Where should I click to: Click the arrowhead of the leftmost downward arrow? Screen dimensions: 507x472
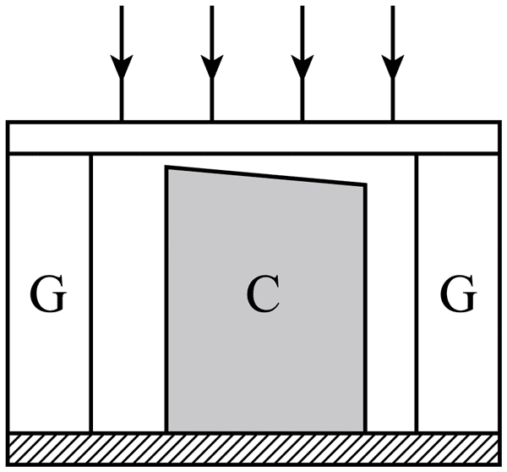point(122,66)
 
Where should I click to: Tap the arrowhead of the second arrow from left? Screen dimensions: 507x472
point(212,66)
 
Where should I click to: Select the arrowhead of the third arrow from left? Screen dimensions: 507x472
point(303,66)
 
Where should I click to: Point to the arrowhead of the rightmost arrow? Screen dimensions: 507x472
point(393,66)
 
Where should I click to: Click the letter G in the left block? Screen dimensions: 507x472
point(48,294)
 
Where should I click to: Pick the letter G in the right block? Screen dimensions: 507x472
point(458,294)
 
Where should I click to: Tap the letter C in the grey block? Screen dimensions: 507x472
point(262,294)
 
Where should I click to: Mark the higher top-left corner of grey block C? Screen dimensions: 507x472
point(166,167)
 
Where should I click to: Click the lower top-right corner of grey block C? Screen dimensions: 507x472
point(366,184)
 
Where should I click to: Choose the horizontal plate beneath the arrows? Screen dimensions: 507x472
point(253,137)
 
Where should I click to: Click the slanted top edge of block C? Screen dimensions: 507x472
point(266,176)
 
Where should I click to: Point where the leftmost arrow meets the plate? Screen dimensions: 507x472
point(122,121)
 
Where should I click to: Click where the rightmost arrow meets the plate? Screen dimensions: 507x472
point(393,121)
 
